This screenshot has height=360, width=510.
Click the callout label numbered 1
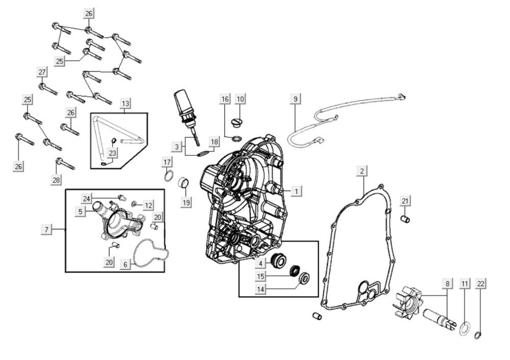(x=297, y=191)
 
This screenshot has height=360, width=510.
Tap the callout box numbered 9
(x=295, y=98)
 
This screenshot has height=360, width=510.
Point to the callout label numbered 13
(x=125, y=104)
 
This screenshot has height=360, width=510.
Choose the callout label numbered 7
(x=46, y=230)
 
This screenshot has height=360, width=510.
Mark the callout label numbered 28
(x=56, y=179)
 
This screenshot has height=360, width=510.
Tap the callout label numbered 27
(x=42, y=71)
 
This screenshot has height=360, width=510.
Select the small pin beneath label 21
(x=406, y=219)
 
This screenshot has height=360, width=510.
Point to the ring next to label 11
(x=465, y=327)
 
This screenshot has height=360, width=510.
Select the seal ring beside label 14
(x=305, y=278)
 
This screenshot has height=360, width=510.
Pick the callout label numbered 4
(x=260, y=263)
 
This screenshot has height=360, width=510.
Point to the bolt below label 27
(x=47, y=89)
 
